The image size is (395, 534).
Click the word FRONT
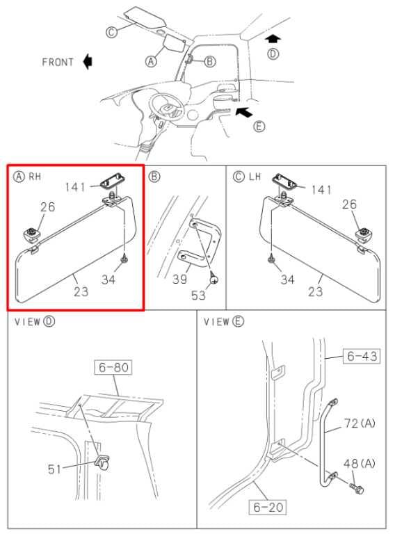coord(58,63)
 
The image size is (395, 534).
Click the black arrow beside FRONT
coord(88,62)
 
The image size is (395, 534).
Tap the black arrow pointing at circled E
coord(244,111)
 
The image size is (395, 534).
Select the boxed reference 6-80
coord(113,367)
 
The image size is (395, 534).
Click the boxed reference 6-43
coord(362,356)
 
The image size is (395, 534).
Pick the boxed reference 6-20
coord(268,507)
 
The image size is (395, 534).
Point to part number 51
coord(54,469)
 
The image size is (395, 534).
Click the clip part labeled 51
coord(102,463)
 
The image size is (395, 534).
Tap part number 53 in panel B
coord(198,296)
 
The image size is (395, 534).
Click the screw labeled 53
coord(213,277)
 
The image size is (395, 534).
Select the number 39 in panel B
coord(179,280)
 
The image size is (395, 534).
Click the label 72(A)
coord(360,423)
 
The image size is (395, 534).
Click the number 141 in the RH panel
coord(75,187)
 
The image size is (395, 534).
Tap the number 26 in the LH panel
coord(349,204)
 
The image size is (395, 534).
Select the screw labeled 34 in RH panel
coord(124,259)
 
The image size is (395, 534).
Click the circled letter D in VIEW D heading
coord(49,321)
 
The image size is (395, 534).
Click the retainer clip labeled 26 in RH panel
coord(31,234)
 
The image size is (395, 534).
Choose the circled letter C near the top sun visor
coord(111,32)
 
